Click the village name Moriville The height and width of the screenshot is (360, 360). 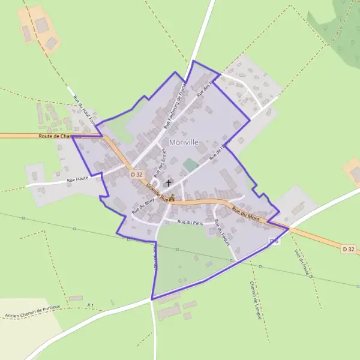coord(188,142)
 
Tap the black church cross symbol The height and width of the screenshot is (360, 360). coord(169,182)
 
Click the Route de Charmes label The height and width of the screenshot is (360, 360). coord(59,136)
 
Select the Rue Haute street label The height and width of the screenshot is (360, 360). coord(78,179)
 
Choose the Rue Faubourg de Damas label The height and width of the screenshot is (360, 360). coord(175,107)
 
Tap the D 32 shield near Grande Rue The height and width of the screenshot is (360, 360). coord(137,174)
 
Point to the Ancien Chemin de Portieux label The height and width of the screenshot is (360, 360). coord(32,312)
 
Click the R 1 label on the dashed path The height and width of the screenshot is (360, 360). coord(91,305)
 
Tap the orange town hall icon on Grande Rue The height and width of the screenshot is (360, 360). coord(172,198)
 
